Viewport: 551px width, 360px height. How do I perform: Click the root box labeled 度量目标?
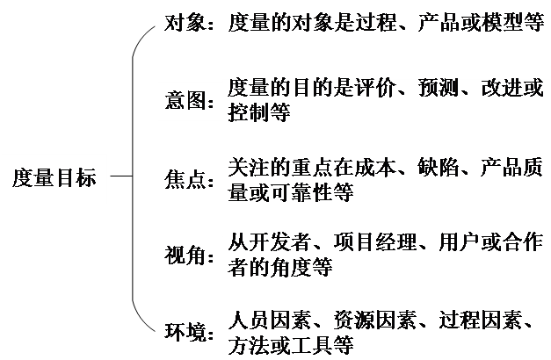click(x=54, y=178)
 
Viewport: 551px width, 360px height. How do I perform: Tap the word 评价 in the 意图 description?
click(x=383, y=90)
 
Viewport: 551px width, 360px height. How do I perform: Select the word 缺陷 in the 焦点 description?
click(x=436, y=168)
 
